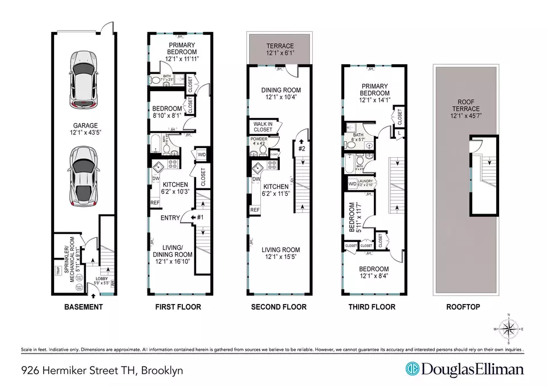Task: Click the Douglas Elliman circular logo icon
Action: [413, 369]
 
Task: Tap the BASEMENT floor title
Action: [83, 307]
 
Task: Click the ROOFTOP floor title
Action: [463, 307]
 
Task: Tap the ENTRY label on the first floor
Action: [170, 217]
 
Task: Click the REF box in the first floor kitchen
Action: [154, 202]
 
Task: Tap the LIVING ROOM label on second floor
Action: [280, 249]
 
